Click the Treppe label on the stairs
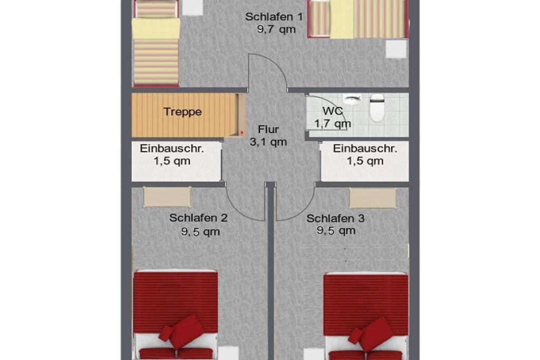point(182,112)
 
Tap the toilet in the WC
point(377,108)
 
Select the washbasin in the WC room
point(352,99)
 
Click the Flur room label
point(268,130)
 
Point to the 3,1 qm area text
point(268,142)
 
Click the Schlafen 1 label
point(274,16)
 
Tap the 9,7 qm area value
point(276,30)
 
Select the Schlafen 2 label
point(198,218)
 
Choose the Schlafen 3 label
point(335,218)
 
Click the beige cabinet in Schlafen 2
point(167,197)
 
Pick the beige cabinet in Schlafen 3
point(373,198)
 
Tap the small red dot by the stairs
point(242,132)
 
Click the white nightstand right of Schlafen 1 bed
point(396,49)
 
